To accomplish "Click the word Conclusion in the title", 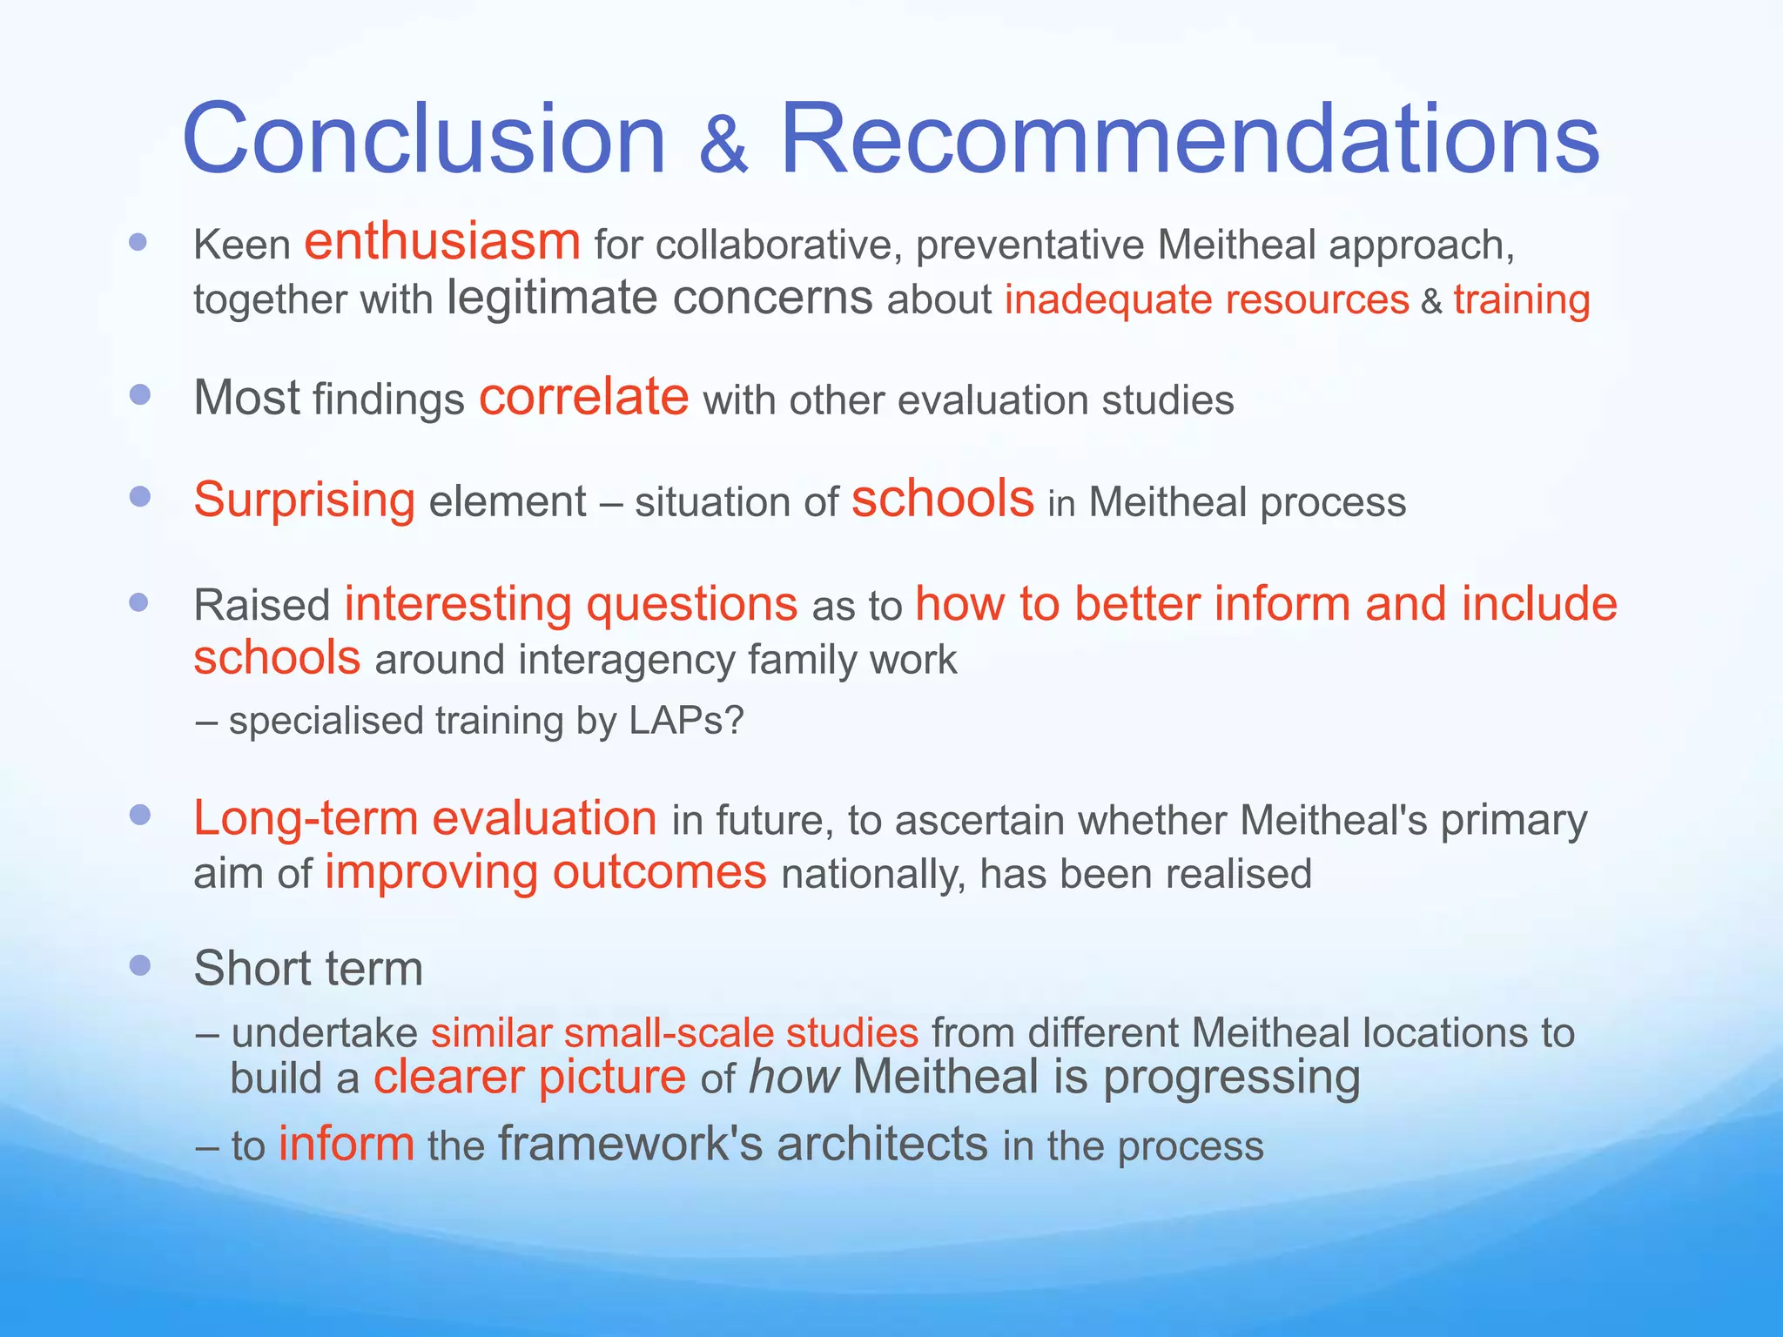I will (424, 139).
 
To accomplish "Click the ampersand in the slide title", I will (723, 145).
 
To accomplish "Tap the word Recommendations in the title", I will (1189, 139).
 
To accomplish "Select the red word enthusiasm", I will (442, 242).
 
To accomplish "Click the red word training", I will (1522, 300).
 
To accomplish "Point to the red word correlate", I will (583, 398).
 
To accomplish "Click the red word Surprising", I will (304, 501).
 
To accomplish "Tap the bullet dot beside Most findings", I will (139, 395).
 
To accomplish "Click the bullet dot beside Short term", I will (139, 964).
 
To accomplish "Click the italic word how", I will (793, 1078).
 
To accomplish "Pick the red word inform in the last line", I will (346, 1144).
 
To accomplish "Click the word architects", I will (882, 1144).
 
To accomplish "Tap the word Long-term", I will (306, 819).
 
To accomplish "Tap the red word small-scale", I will (668, 1033).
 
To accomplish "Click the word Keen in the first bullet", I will (241, 245).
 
